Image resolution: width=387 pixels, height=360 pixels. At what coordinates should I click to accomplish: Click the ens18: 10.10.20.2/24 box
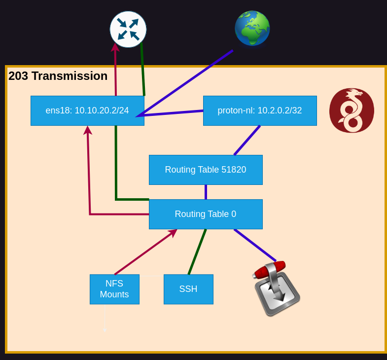pyautogui.click(x=87, y=110)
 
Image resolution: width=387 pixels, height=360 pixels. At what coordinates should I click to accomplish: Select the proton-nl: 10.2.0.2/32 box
pyautogui.click(x=260, y=110)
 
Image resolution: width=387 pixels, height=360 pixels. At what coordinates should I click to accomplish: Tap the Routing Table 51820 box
pyautogui.click(x=206, y=170)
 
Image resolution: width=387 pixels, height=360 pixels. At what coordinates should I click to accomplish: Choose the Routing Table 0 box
pyautogui.click(x=206, y=214)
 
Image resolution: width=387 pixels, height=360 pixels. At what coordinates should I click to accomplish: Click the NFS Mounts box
pyautogui.click(x=114, y=289)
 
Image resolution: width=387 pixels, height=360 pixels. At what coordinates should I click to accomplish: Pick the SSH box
pyautogui.click(x=188, y=289)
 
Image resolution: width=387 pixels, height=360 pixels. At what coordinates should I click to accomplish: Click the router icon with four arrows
pyautogui.click(x=128, y=30)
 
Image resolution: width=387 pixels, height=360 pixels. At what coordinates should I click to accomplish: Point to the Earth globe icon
pyautogui.click(x=252, y=29)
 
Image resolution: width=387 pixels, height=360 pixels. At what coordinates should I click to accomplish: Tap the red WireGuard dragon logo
pyautogui.click(x=352, y=110)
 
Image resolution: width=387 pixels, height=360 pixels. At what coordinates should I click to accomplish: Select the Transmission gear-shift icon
pyautogui.click(x=277, y=288)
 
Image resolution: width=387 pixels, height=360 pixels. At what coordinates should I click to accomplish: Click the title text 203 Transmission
pyautogui.click(x=58, y=76)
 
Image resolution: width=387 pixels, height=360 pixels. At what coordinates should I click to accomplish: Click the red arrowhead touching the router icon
pyautogui.click(x=115, y=48)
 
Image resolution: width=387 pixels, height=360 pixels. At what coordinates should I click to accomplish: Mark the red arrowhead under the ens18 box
pyautogui.click(x=88, y=130)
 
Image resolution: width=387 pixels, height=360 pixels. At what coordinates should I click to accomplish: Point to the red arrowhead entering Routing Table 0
pyautogui.click(x=172, y=233)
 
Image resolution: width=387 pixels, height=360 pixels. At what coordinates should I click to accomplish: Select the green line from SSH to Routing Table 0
pyautogui.click(x=197, y=252)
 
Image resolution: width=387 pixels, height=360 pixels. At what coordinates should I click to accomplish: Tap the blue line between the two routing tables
pyautogui.click(x=206, y=192)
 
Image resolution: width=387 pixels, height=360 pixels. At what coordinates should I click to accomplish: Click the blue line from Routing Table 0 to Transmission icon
pyautogui.click(x=255, y=245)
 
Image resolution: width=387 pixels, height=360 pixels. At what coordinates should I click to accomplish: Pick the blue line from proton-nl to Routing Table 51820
pyautogui.click(x=247, y=140)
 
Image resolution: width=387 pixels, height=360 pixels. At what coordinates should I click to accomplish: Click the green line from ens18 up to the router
pyautogui.click(x=142, y=69)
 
